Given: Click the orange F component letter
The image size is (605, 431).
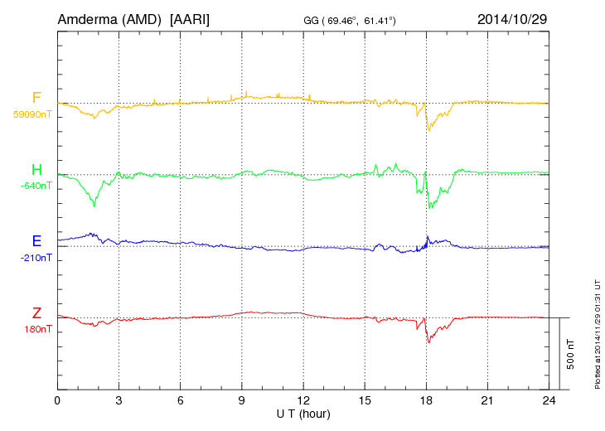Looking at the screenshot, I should [36, 98].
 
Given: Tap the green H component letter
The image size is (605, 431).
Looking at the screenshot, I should [36, 170].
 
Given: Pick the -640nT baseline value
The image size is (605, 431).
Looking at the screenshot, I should [36, 186].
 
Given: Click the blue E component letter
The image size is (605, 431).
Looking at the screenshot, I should [36, 241].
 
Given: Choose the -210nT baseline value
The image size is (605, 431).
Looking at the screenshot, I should [36, 257].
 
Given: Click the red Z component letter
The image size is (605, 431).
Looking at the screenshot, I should [36, 312].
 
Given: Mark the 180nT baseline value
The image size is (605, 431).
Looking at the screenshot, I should [37, 329].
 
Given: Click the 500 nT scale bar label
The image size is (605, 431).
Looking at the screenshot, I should [571, 353].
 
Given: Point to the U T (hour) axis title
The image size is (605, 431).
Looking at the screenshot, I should [303, 413].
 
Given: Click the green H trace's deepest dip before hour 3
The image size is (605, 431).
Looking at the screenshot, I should [94, 206].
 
